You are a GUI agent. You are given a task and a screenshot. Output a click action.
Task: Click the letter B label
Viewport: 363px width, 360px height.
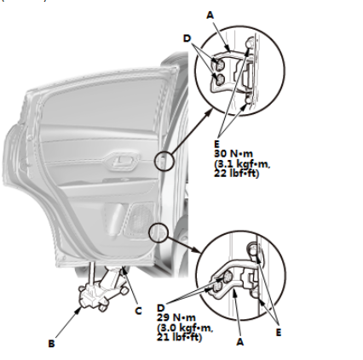[51, 344]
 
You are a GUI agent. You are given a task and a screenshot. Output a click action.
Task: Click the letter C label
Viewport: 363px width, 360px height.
[138, 311]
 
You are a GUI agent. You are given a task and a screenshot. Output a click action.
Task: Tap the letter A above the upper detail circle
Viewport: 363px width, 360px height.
[210, 15]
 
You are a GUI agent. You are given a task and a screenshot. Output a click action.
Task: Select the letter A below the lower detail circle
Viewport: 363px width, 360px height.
[240, 342]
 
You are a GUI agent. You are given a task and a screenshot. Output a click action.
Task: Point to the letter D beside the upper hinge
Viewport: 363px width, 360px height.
[187, 38]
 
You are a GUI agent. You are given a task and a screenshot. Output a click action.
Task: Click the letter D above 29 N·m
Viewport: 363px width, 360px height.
[161, 308]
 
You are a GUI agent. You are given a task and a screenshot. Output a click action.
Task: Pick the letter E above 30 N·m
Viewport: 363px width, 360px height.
[217, 144]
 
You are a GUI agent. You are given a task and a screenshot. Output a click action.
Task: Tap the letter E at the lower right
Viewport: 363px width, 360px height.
[279, 332]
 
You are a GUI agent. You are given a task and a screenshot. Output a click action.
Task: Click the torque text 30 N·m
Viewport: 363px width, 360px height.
[233, 153]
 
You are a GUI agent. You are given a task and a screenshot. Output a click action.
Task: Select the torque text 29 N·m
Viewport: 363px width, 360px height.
[176, 317]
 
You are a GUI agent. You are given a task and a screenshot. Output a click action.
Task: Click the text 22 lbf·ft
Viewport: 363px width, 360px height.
[236, 173]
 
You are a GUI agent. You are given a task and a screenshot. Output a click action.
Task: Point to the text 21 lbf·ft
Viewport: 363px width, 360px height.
[180, 337]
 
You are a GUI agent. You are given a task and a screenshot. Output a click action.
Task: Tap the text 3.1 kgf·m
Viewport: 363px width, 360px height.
[242, 163]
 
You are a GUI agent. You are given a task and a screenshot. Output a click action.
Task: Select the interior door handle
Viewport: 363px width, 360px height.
[122, 162]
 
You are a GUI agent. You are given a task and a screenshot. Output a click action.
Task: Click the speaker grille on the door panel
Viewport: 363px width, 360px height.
[140, 219]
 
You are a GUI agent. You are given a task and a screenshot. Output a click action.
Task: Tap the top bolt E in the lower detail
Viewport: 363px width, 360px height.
[253, 249]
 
